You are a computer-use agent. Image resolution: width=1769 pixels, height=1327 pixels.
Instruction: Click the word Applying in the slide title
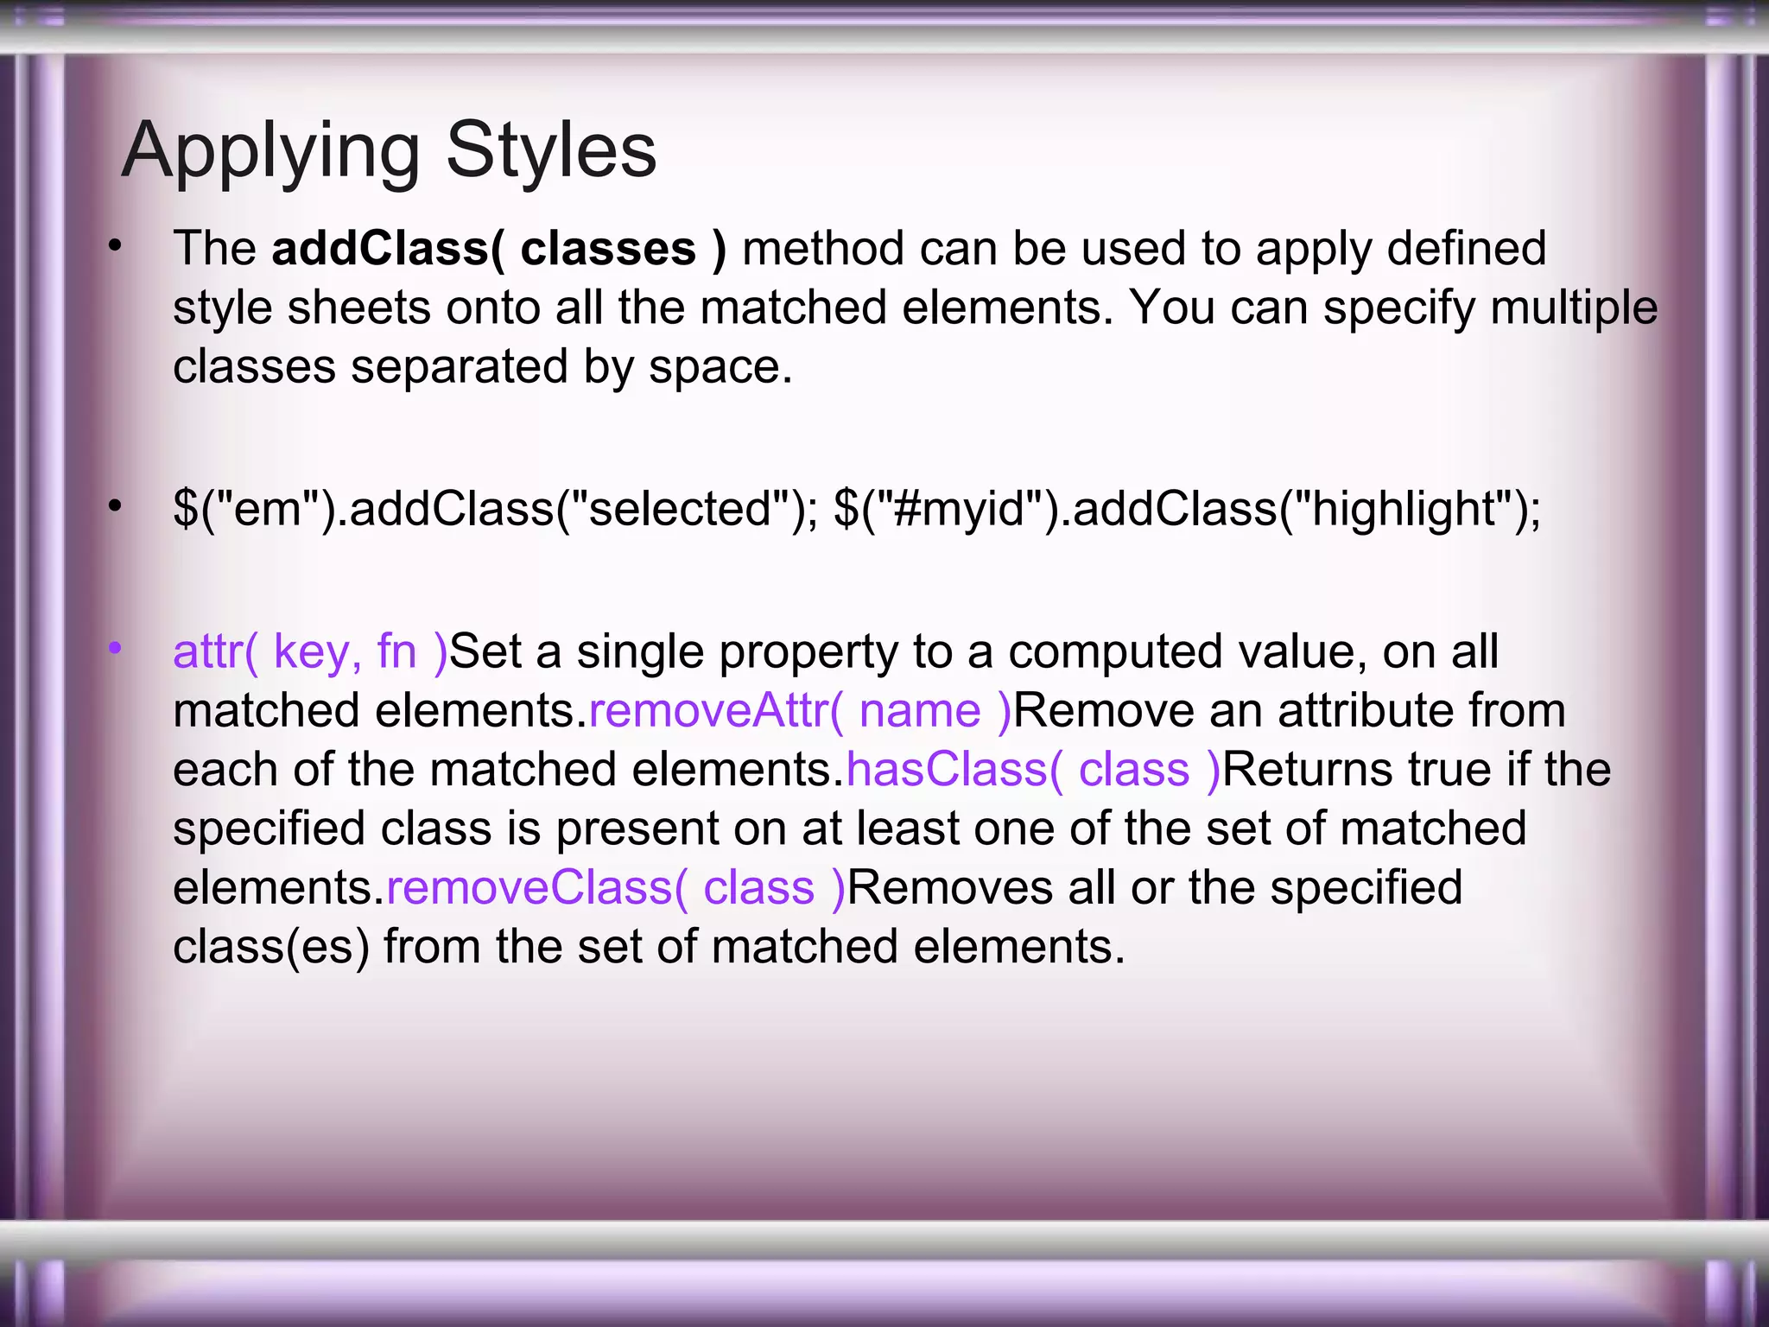pyautogui.click(x=270, y=151)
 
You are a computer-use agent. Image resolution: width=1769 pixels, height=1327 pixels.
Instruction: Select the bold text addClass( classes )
pyautogui.click(x=498, y=249)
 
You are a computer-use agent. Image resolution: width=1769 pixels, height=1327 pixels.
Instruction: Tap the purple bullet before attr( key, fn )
pyautogui.click(x=115, y=648)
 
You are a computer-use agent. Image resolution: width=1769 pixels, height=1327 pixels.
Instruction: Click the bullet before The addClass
pyautogui.click(x=115, y=247)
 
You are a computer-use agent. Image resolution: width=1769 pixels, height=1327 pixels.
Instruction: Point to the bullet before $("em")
pyautogui.click(x=115, y=506)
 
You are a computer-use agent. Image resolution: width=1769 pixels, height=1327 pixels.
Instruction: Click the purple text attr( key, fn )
pyautogui.click(x=310, y=651)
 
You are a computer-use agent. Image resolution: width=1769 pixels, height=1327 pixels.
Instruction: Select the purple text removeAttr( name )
pyautogui.click(x=799, y=711)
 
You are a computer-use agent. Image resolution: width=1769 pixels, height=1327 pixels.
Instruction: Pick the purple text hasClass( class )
pyautogui.click(x=1033, y=770)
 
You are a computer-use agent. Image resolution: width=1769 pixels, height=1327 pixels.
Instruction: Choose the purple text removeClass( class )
pyautogui.click(x=615, y=888)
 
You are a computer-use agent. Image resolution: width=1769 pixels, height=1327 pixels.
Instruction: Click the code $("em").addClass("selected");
pyautogui.click(x=495, y=508)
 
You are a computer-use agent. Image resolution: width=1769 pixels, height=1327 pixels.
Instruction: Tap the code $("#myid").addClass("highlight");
pyautogui.click(x=1187, y=508)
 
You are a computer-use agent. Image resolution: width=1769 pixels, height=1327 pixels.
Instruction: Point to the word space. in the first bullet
pyautogui.click(x=720, y=367)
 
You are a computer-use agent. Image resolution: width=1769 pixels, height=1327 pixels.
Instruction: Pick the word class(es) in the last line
pyautogui.click(x=270, y=947)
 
